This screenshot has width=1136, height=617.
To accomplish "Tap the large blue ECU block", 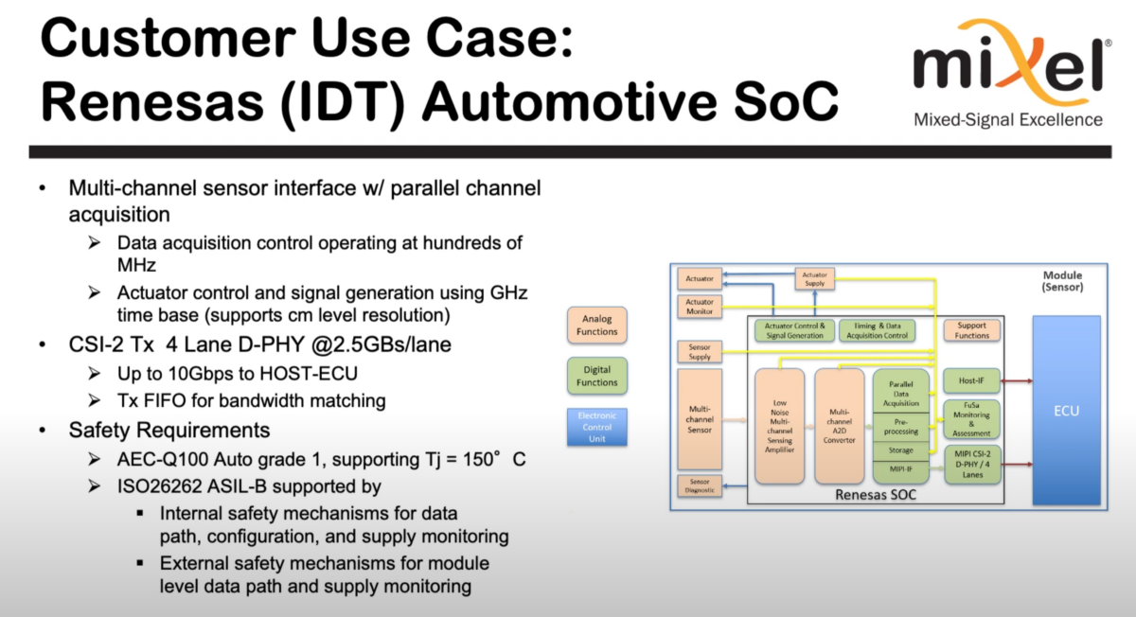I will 1065,411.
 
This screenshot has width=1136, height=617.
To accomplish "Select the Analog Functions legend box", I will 596,326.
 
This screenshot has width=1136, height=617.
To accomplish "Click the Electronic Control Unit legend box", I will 596,428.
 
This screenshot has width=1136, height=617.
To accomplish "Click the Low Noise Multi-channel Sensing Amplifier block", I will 779,426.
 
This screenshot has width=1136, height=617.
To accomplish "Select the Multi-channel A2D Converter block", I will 839,426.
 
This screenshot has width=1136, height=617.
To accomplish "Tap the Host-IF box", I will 971,381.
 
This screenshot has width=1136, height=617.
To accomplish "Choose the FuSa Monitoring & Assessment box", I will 971,419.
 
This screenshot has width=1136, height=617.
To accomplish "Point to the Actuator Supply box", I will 814,277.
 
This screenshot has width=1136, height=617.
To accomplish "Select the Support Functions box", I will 971,330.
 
